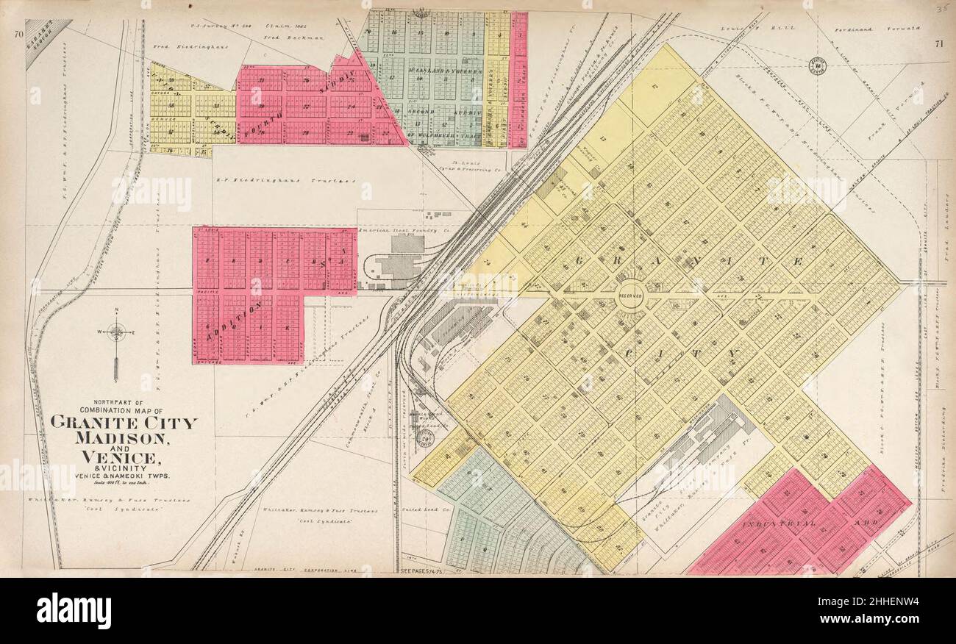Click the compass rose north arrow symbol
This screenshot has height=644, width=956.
click(116, 334)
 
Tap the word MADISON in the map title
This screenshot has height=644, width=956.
click(124, 438)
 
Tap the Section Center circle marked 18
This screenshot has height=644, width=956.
click(818, 66)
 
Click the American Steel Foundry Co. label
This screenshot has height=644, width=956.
click(403, 230)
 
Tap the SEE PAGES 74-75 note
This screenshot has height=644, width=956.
click(427, 570)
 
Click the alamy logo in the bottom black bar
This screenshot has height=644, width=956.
click(74, 611)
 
